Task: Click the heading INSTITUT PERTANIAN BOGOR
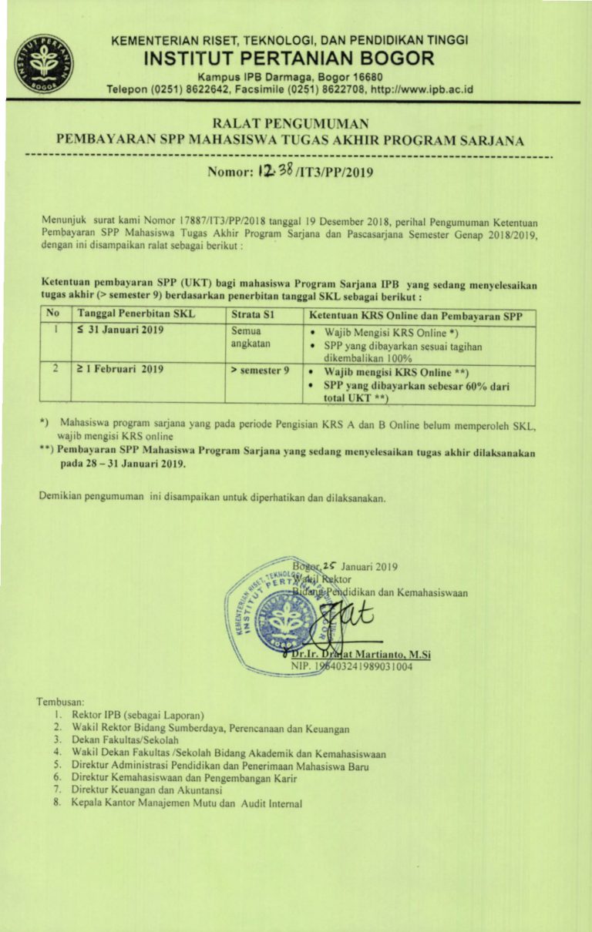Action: coord(289,59)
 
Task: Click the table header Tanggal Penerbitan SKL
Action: coord(136,314)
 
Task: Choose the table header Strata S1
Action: coord(253,314)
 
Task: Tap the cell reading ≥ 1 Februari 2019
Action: coord(120,370)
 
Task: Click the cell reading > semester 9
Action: coord(260,370)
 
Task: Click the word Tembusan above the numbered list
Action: coord(59,702)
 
